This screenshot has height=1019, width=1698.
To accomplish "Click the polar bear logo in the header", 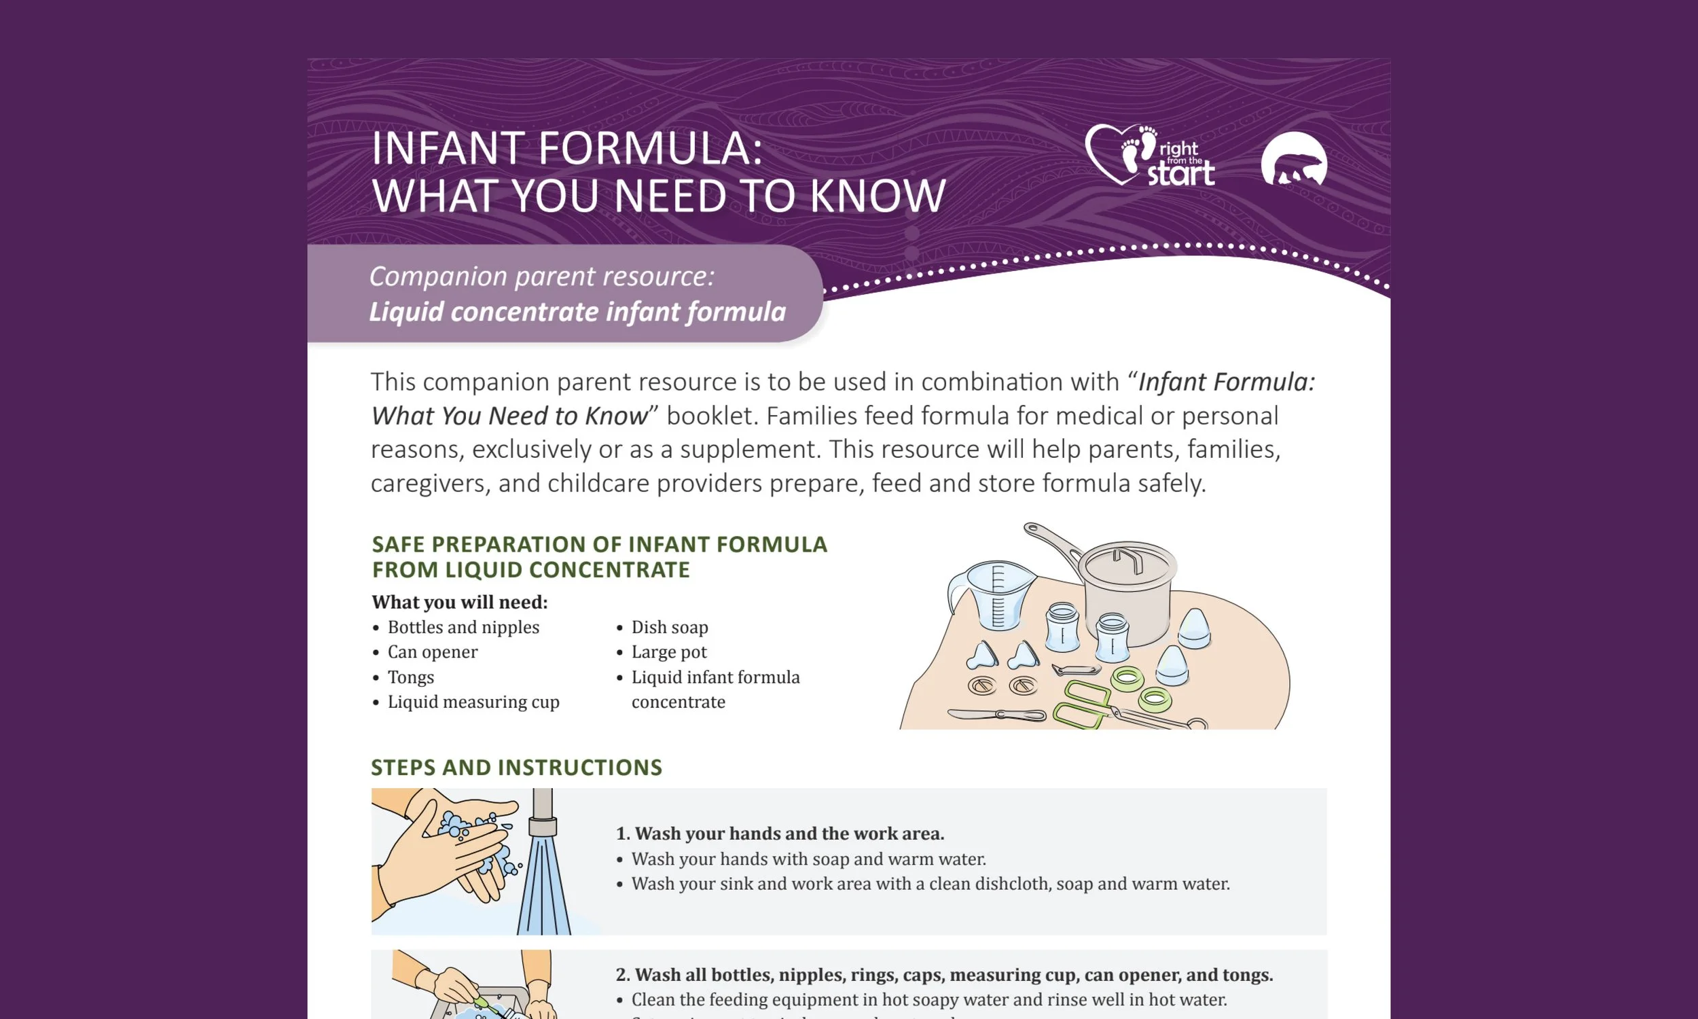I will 1294,161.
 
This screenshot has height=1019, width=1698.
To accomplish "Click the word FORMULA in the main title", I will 650,148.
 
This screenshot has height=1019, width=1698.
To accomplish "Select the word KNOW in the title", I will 878,196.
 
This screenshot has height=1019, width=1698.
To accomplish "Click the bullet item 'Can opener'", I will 433,651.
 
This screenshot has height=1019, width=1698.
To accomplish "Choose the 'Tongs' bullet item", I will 410,677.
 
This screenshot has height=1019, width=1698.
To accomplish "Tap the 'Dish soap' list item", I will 669,627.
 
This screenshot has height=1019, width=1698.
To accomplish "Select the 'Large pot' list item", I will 668,651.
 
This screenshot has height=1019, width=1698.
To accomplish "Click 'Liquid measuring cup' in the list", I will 473,702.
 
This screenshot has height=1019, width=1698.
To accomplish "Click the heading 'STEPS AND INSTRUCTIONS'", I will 516,767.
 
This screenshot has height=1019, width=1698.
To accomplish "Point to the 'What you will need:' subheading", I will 459,602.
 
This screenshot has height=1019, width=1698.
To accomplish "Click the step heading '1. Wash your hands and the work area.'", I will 780,834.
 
